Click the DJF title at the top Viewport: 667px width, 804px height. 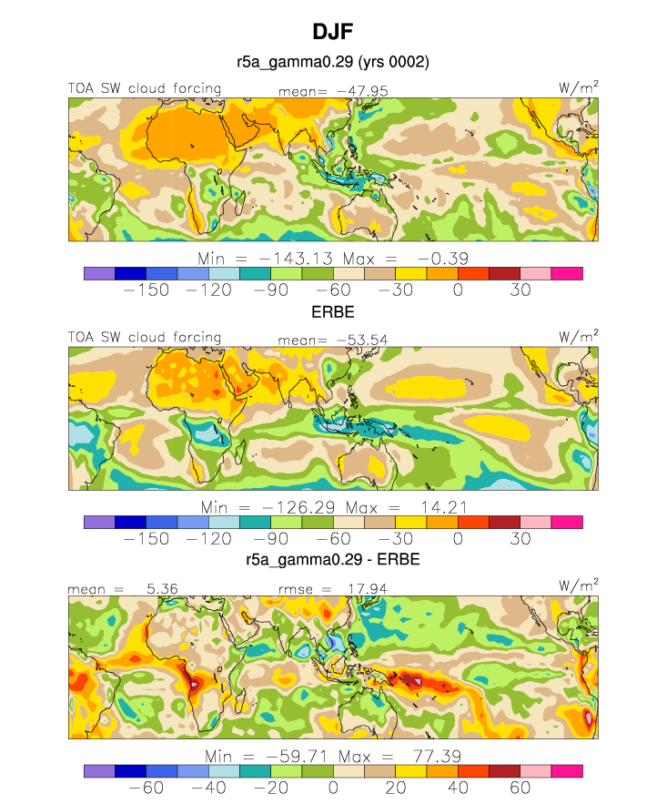333,32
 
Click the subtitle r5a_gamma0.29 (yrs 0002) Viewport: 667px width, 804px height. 333,62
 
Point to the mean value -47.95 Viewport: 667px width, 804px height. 363,91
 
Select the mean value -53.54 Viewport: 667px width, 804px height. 362,340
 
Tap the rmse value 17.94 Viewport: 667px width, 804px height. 368,588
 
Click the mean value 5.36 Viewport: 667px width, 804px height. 162,588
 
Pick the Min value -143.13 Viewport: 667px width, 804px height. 296,259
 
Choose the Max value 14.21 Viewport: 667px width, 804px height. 444,508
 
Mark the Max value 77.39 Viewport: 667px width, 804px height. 437,757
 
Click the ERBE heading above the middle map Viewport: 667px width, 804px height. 333,311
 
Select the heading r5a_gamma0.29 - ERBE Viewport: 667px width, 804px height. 333,559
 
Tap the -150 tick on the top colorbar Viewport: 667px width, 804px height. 147,290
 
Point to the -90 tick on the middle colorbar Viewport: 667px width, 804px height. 271,539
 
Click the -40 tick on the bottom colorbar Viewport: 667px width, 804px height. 208,788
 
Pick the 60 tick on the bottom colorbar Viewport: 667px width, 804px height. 520,788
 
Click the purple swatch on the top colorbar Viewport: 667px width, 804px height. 99,274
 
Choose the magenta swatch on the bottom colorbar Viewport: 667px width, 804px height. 567,771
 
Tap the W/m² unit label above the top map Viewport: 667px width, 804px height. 579,87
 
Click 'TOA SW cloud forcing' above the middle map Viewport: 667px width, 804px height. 145,338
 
